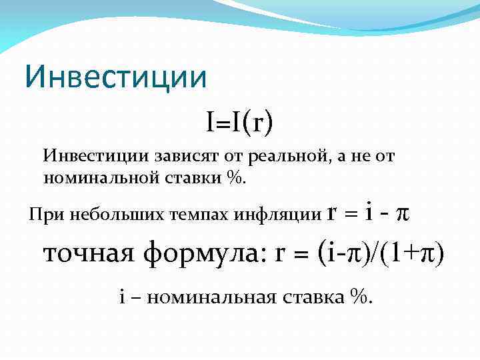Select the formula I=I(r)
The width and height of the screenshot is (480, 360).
click(240, 122)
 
